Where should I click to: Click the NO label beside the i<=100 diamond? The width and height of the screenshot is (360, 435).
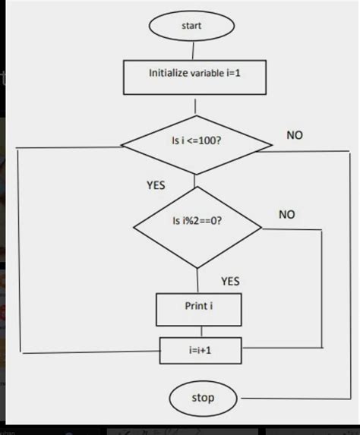(x=295, y=134)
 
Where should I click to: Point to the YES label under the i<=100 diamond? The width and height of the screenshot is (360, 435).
(x=156, y=184)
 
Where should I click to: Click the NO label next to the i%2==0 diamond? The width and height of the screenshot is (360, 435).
(x=286, y=215)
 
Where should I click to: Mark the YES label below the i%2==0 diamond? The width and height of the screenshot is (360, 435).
(x=230, y=281)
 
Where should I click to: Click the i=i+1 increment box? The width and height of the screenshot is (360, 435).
(x=201, y=351)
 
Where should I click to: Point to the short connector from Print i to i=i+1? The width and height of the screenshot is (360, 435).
(x=201, y=331)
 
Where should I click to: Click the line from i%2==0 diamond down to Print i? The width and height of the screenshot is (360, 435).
(x=197, y=280)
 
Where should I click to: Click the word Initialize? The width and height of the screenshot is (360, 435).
(x=168, y=74)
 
